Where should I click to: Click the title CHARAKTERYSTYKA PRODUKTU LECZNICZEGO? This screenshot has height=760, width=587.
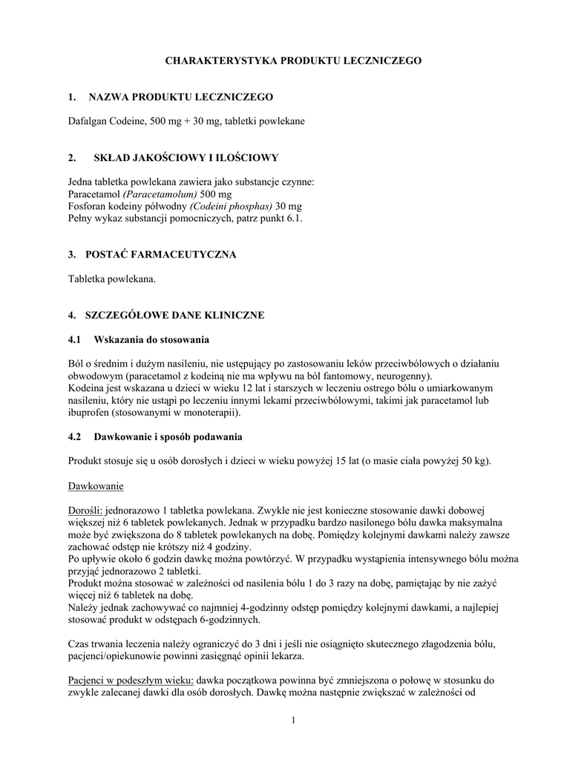coord(293,60)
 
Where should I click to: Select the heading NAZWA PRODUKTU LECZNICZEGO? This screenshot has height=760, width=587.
coord(180,96)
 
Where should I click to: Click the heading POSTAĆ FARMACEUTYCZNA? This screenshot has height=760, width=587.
coord(162,255)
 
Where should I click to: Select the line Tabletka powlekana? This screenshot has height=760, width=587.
coord(111,278)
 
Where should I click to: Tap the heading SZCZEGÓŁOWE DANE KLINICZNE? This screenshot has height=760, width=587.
coord(176,315)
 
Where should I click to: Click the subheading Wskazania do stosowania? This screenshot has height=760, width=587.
coord(151,339)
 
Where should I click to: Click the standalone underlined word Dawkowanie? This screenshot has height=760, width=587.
coord(96,486)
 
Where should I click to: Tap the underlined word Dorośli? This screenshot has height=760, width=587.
coord(85,511)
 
